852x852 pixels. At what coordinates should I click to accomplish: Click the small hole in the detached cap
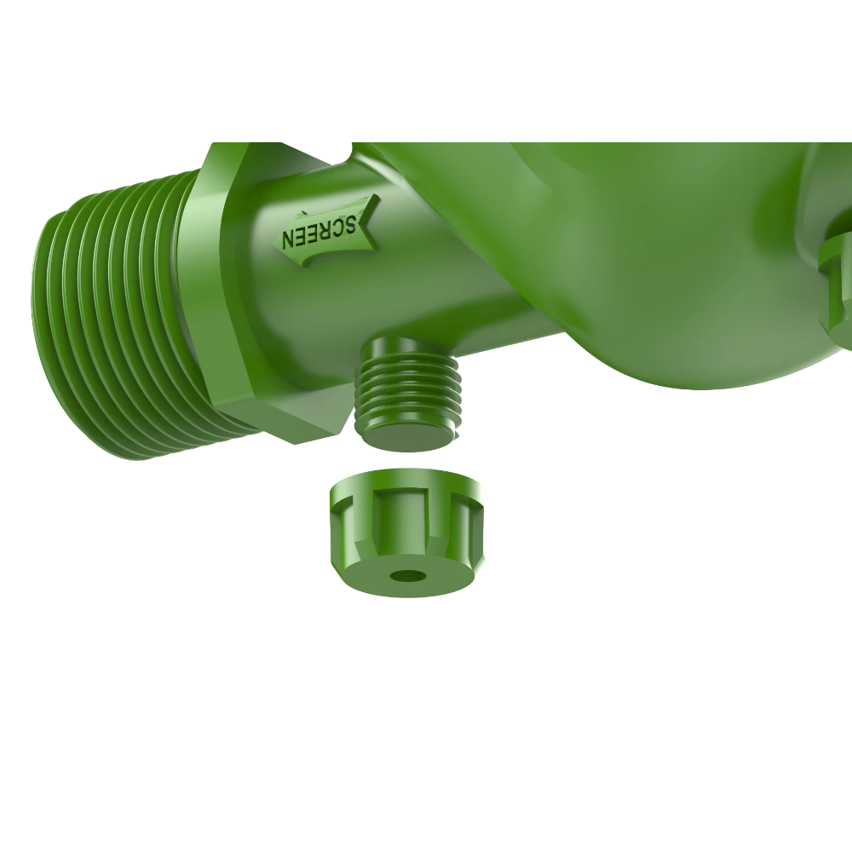408,576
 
